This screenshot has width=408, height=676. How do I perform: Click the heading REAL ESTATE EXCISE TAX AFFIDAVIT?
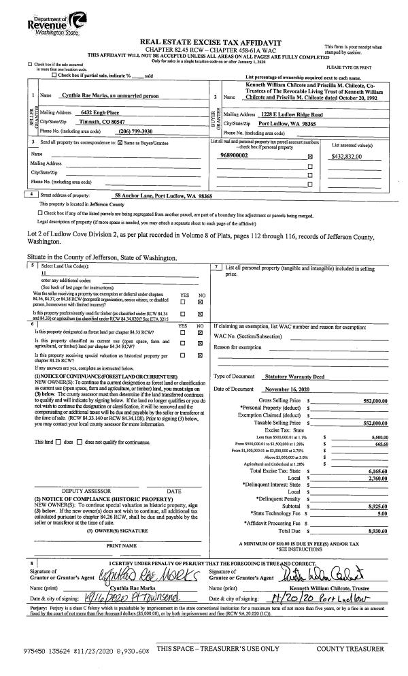click(204, 42)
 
